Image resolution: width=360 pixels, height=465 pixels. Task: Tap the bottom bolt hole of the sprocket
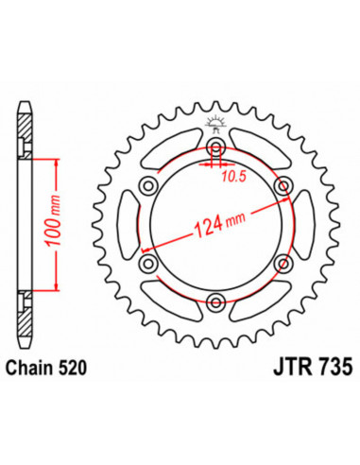(x=217, y=302)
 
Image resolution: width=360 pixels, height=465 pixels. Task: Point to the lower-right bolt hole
(x=283, y=264)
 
